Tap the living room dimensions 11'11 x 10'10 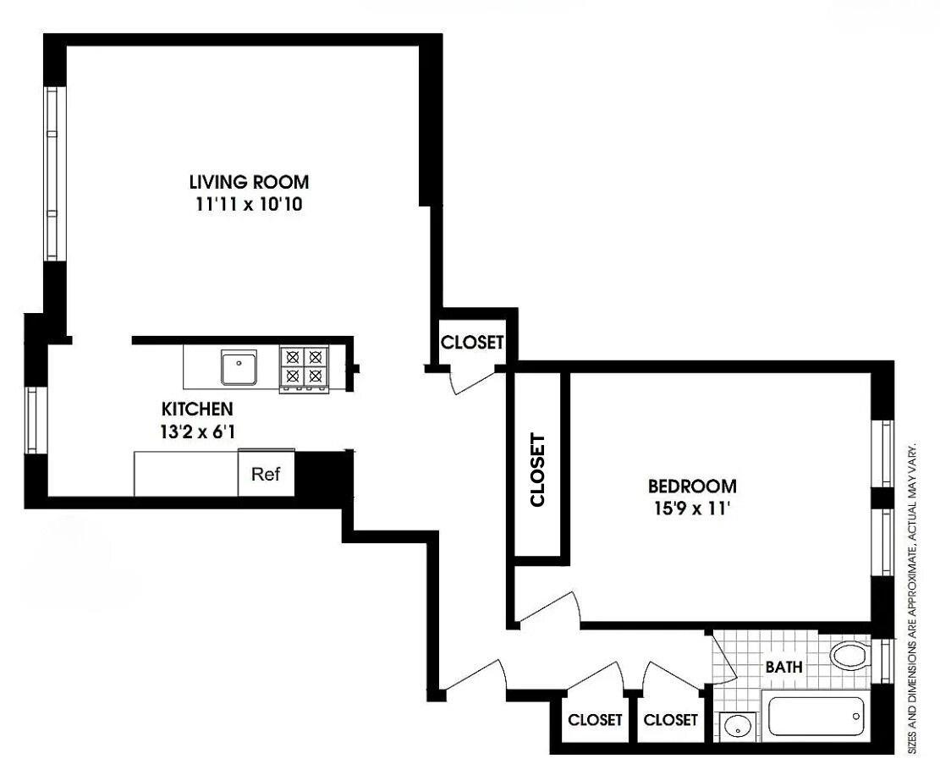pyautogui.click(x=248, y=205)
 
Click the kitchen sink pyautogui.click(x=240, y=369)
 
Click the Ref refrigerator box pyautogui.click(x=266, y=474)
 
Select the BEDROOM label pyautogui.click(x=691, y=486)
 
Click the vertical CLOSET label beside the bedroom pyautogui.click(x=537, y=470)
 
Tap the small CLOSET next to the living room pyautogui.click(x=472, y=343)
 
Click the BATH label pyautogui.click(x=783, y=668)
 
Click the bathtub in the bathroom pyautogui.click(x=816, y=715)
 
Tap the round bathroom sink pyautogui.click(x=737, y=727)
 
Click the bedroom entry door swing pyautogui.click(x=550, y=607)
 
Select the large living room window pyautogui.click(x=54, y=173)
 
